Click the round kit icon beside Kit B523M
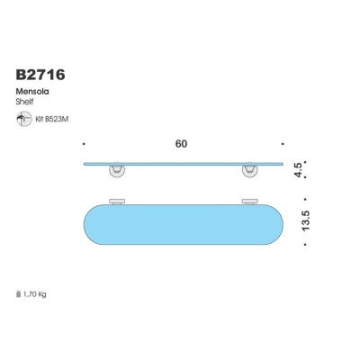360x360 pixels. [22, 118]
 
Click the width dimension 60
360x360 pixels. [183, 143]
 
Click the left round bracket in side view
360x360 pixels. [118, 171]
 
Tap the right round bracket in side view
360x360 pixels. [248, 171]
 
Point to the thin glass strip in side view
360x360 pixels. [183, 164]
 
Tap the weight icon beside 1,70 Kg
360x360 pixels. [18, 293]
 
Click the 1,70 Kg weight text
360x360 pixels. [36, 293]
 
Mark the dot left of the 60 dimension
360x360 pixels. [83, 143]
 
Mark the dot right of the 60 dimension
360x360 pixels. [283, 143]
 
